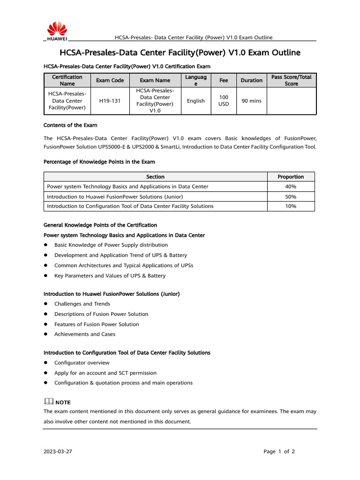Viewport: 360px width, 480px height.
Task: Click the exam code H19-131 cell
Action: pyautogui.click(x=110, y=101)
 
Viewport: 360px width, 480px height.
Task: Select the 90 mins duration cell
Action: pyautogui.click(x=251, y=101)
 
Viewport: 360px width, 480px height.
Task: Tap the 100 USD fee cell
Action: pyautogui.click(x=224, y=101)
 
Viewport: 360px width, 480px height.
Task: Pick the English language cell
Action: pyautogui.click(x=195, y=101)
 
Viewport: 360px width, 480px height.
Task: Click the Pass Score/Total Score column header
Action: pyautogui.click(x=291, y=80)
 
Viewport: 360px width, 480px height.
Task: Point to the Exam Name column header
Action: pyautogui.click(x=155, y=80)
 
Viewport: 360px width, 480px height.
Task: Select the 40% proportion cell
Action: pyautogui.click(x=291, y=187)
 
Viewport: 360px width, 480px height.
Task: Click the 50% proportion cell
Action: pyautogui.click(x=291, y=196)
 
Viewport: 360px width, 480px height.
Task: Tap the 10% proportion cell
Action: pyautogui.click(x=291, y=206)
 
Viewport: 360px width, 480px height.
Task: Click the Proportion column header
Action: pyautogui.click(x=291, y=177)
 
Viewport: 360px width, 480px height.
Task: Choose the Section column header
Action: pyautogui.click(x=155, y=177)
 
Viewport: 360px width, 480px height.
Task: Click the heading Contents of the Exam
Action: pyautogui.click(x=70, y=125)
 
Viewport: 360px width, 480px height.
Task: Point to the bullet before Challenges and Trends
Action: pyautogui.click(x=46, y=304)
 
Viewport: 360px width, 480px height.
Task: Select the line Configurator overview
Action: pyautogui.click(x=82, y=363)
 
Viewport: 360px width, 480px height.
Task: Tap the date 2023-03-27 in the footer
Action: pyautogui.click(x=58, y=452)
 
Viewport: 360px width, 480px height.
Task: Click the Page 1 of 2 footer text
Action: pyautogui.click(x=279, y=452)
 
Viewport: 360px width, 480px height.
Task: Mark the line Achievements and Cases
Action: pyautogui.click(x=85, y=334)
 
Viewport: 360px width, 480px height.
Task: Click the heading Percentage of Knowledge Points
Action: pyautogui.click(x=99, y=162)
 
